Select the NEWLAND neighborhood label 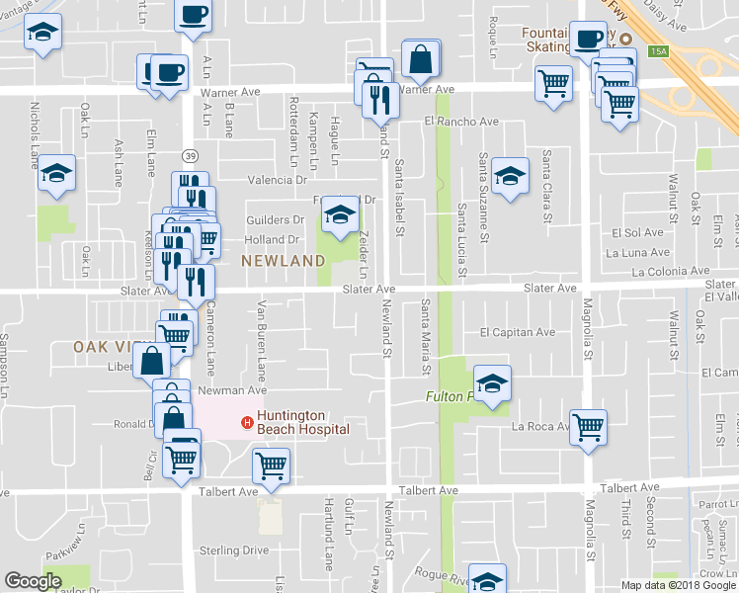pos(283,260)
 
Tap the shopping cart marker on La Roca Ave pos(588,428)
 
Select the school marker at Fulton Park pos(491,383)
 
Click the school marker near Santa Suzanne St pos(509,177)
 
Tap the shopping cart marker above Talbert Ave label pos(271,465)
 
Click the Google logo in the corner pos(34,581)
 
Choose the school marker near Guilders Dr pos(340,216)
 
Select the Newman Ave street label pos(235,391)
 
